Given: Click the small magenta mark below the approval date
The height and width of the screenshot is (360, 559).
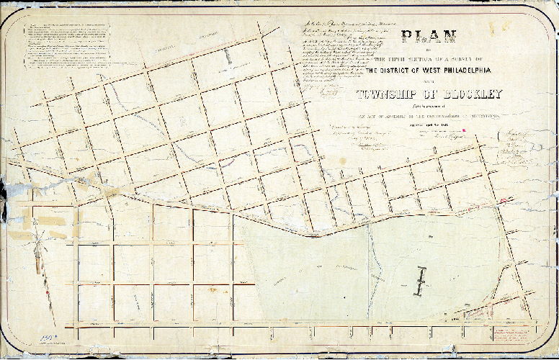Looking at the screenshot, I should point(465,131).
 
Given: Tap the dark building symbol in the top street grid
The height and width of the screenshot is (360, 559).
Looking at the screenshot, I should point(230,55).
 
